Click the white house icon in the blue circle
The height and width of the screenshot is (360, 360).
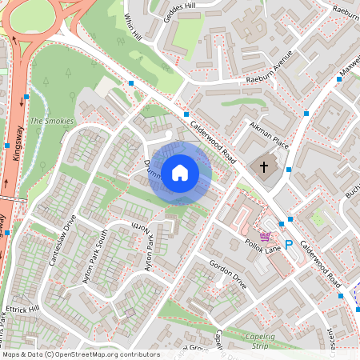(x=180, y=172)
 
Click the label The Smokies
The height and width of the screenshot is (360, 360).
(x=51, y=121)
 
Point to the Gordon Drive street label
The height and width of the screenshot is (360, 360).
(x=228, y=274)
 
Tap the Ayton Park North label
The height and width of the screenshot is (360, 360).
(x=146, y=244)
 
